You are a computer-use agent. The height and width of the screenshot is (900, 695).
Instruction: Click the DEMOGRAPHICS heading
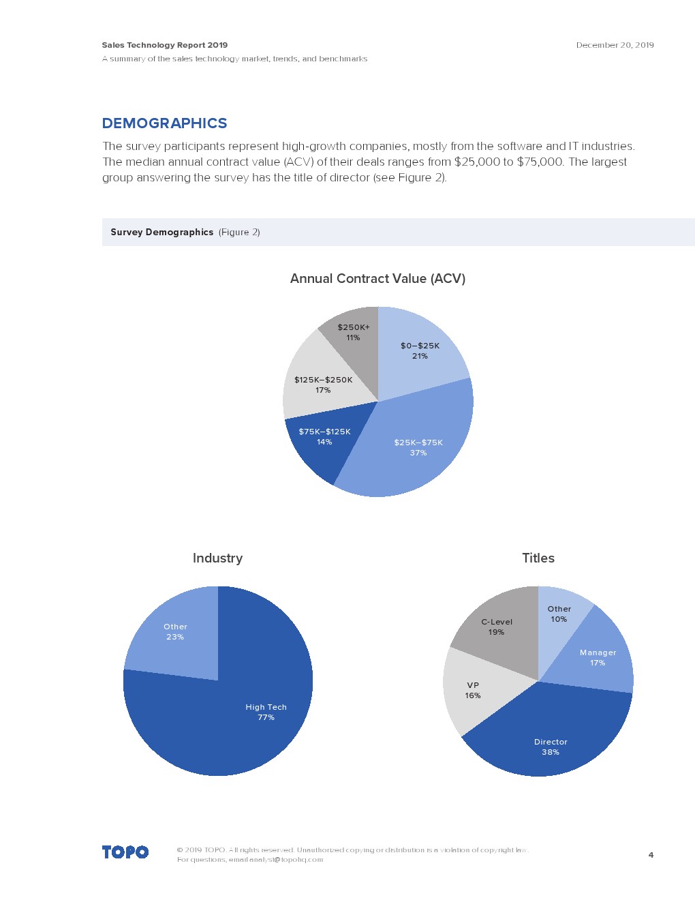(x=164, y=123)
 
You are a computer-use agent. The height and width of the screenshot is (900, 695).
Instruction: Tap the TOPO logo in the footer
(x=125, y=852)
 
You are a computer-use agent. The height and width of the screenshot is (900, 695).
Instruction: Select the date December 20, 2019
(x=615, y=45)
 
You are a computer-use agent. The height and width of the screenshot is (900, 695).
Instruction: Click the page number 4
(x=651, y=855)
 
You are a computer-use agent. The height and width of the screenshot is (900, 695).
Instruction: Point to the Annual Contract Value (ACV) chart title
(x=377, y=279)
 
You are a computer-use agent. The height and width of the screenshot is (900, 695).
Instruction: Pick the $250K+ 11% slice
(x=353, y=333)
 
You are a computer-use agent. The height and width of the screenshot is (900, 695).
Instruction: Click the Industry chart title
(x=217, y=558)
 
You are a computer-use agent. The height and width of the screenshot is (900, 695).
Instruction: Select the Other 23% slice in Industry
(x=176, y=632)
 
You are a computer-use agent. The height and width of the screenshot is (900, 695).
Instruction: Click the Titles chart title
(x=538, y=558)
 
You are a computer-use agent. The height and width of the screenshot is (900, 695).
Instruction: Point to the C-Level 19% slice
(x=497, y=626)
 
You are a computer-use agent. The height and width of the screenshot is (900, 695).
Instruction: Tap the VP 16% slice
(x=474, y=690)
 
